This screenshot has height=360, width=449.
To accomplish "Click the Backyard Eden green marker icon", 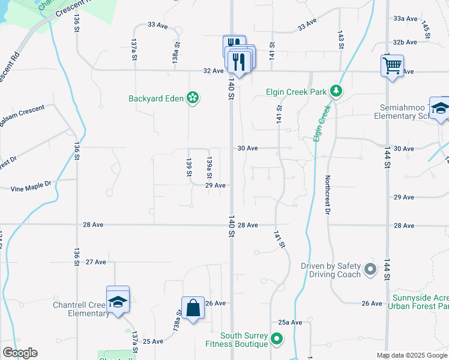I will [193, 97].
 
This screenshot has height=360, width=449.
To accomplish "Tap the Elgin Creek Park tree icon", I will [337, 91].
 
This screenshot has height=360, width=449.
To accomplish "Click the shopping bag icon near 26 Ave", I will [193, 308].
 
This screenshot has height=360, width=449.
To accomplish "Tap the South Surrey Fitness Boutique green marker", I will [276, 340].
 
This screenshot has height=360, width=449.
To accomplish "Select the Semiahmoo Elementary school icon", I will [440, 108].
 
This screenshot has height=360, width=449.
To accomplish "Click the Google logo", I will [20, 353].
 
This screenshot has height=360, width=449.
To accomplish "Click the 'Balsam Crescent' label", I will [22, 116].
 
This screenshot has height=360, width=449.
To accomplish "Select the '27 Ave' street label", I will [96, 262].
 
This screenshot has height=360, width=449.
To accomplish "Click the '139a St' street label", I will [209, 168].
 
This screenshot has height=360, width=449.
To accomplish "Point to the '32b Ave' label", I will [405, 42].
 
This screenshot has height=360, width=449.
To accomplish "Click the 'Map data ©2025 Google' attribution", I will [411, 355].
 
